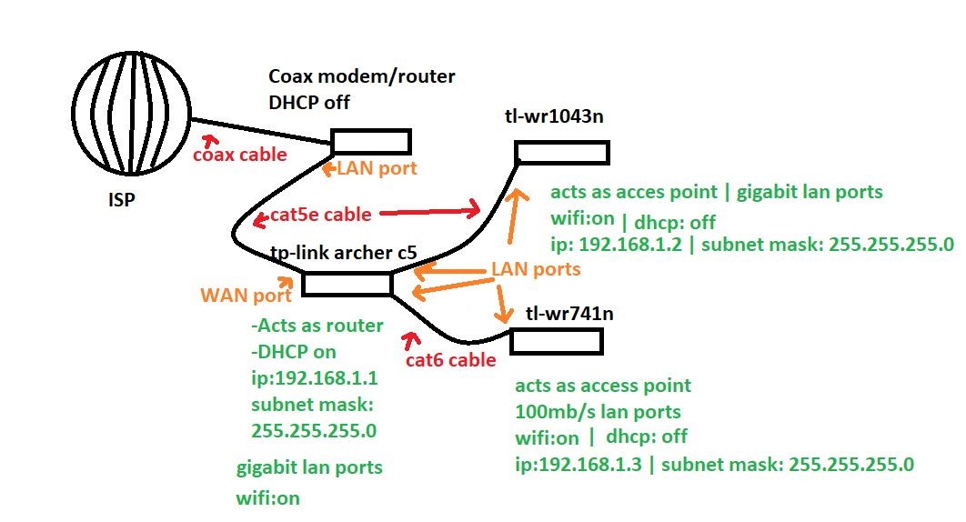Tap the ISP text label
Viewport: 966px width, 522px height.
coord(116,199)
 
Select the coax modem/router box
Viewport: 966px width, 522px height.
coord(370,142)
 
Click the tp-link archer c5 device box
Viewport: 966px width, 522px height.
coord(346,285)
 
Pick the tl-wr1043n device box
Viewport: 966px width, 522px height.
coord(561,152)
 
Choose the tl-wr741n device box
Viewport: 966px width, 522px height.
coord(556,341)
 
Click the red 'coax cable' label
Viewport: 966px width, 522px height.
coord(240,155)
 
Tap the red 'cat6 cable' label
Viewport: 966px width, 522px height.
coord(451,360)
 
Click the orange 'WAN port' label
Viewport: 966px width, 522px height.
coord(246,296)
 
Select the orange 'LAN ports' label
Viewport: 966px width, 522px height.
coord(536,269)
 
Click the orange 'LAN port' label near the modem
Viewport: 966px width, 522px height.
coord(377,168)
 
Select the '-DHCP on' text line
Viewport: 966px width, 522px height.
coord(293,352)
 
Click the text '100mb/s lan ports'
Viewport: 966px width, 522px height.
coord(598,411)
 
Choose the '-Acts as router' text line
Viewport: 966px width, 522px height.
coord(316,326)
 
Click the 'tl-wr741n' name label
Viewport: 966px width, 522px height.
coord(569,314)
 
